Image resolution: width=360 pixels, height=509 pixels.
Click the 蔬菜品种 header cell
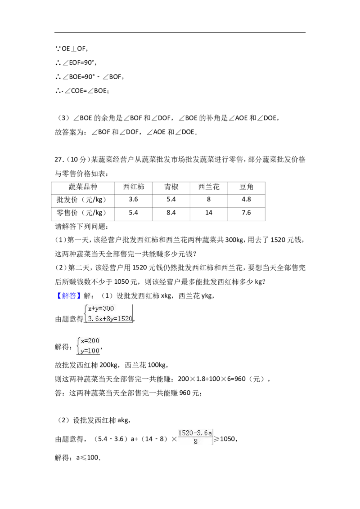tap(83, 187)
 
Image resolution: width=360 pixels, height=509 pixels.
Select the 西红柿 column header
tap(133, 187)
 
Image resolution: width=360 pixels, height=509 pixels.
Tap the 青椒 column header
tap(171, 187)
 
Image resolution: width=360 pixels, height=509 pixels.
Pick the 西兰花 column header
tap(209, 187)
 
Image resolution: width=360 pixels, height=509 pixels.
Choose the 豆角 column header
tap(246, 187)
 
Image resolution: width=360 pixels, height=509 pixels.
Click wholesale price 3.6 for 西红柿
tap(133, 199)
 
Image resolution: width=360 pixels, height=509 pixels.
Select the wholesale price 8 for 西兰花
tap(209, 199)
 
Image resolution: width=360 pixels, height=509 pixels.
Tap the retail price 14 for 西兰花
tap(209, 213)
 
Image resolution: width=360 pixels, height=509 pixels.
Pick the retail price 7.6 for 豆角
tap(246, 213)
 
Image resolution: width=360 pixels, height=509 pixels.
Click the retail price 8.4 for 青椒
tap(171, 213)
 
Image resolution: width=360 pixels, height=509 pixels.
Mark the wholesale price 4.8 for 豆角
tap(246, 199)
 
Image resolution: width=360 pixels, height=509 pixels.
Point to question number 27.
tap(59, 159)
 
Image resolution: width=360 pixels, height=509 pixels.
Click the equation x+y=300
tap(101, 308)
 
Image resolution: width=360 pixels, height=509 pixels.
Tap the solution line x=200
tap(90, 340)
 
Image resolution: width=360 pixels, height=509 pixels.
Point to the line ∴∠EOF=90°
tap(76, 63)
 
